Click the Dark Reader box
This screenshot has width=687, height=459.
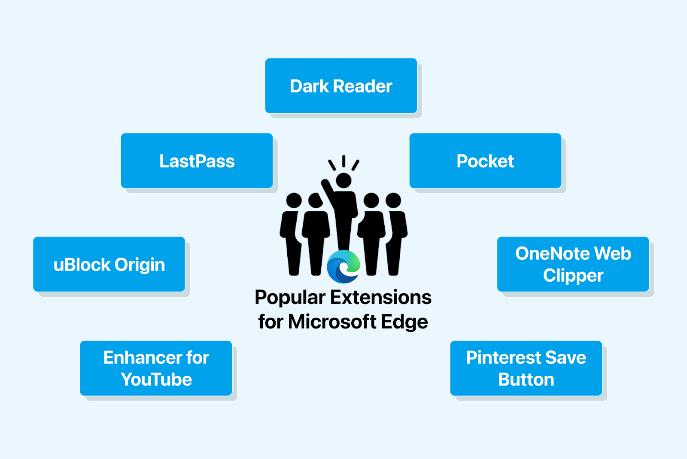click(341, 86)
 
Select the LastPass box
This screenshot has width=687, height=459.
click(197, 161)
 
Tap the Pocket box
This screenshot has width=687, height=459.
click(485, 161)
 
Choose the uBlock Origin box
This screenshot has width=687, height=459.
click(109, 264)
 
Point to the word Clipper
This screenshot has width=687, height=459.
click(573, 276)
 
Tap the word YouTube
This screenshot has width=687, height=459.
click(156, 380)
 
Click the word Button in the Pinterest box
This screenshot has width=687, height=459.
click(526, 380)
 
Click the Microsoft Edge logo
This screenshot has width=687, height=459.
click(343, 267)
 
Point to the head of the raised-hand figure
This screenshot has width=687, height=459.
click(343, 180)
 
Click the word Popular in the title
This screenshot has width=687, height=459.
click(290, 298)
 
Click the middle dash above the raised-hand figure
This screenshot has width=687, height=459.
click(343, 161)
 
